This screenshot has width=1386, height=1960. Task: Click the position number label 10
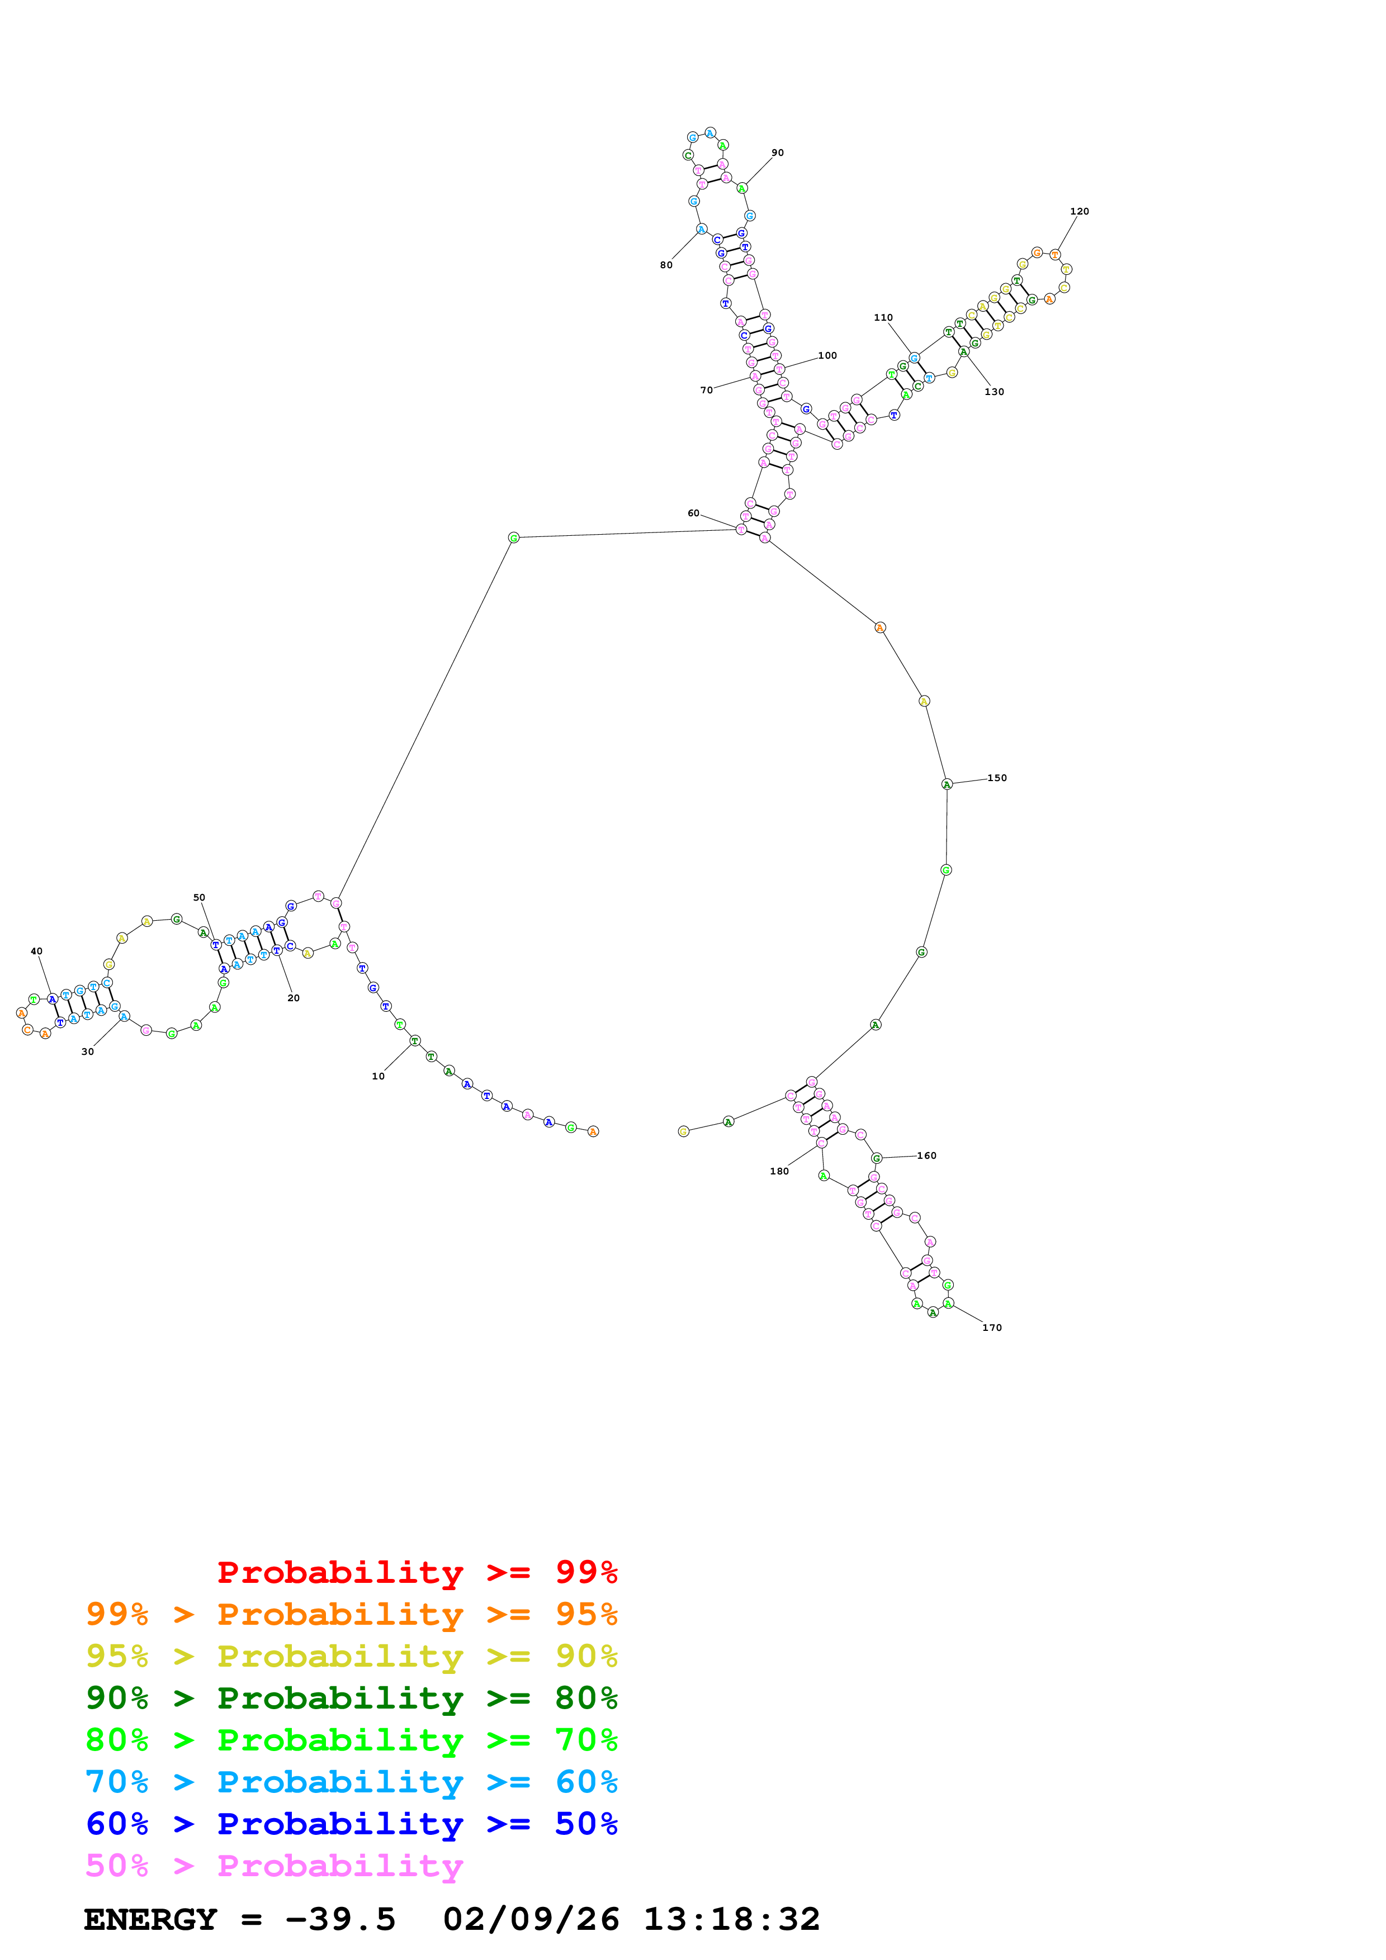[377, 1077]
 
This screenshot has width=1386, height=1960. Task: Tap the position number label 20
[293, 998]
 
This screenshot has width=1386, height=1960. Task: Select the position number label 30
[87, 1052]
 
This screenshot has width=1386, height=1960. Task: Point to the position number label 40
[36, 951]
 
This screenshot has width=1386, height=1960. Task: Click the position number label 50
[199, 897]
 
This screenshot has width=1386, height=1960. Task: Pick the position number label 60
[693, 513]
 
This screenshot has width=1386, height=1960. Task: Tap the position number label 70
[706, 390]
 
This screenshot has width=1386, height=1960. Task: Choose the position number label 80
[666, 265]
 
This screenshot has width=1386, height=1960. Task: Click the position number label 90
[777, 153]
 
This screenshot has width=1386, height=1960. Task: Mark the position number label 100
[827, 355]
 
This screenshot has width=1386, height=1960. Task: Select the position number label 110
[883, 317]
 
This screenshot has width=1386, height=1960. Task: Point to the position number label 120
[1080, 211]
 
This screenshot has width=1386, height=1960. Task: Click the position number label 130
[994, 392]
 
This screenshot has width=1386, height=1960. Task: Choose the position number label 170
[991, 1328]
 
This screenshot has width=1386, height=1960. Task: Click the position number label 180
[779, 1171]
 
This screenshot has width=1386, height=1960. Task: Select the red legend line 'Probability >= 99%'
[417, 1572]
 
